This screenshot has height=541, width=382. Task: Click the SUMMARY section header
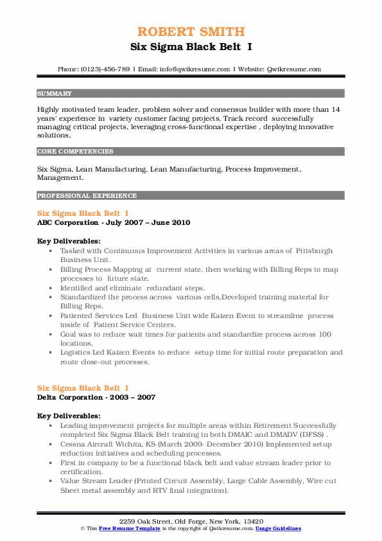pos(55,93)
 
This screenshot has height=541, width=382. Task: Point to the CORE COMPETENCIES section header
pos(75,152)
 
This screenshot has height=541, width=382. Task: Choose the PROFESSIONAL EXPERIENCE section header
pos(87,195)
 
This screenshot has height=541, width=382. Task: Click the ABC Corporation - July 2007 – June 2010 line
pos(114,222)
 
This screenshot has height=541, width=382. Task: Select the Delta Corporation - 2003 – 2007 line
pos(96,397)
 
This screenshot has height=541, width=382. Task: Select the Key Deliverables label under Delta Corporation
pos(68,416)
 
